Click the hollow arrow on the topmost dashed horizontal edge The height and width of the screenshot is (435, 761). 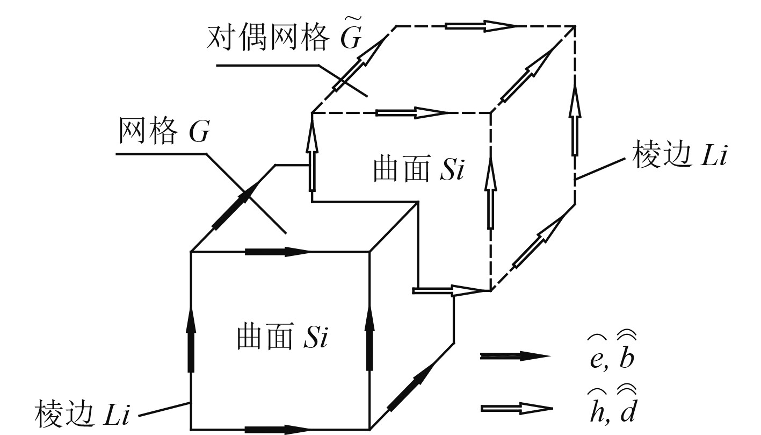click(481, 25)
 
